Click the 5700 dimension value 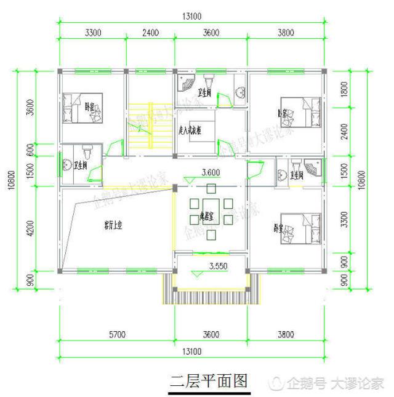(x=116, y=335)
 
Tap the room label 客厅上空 (x=112, y=226)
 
